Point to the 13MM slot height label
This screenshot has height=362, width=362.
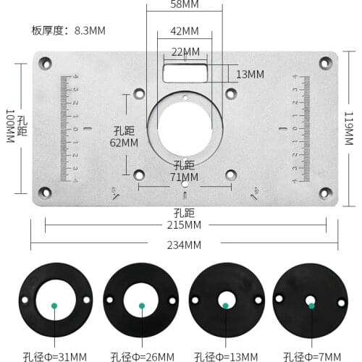250,75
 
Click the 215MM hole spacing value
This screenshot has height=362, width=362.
185,226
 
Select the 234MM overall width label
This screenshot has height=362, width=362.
185,245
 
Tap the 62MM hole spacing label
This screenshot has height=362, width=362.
125,143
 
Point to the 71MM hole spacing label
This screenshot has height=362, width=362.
185,176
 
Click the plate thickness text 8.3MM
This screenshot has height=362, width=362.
90,31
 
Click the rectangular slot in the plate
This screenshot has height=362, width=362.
185,72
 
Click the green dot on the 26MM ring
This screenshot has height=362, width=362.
143,306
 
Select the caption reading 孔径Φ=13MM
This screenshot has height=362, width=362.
227,356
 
